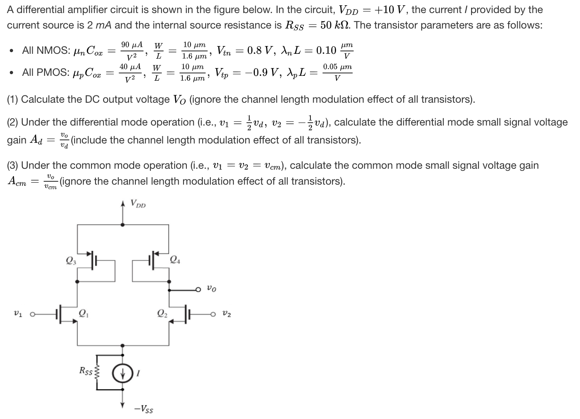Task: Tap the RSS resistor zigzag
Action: pos(97,371)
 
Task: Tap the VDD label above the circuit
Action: pos(138,203)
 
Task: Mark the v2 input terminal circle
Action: pos(213,314)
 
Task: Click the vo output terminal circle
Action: pos(198,290)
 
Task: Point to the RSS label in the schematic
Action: pos(86,371)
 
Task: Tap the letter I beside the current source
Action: pos(138,372)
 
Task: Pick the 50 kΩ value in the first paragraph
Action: pos(334,25)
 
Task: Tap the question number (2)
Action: pos(13,122)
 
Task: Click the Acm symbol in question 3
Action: pos(17,182)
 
